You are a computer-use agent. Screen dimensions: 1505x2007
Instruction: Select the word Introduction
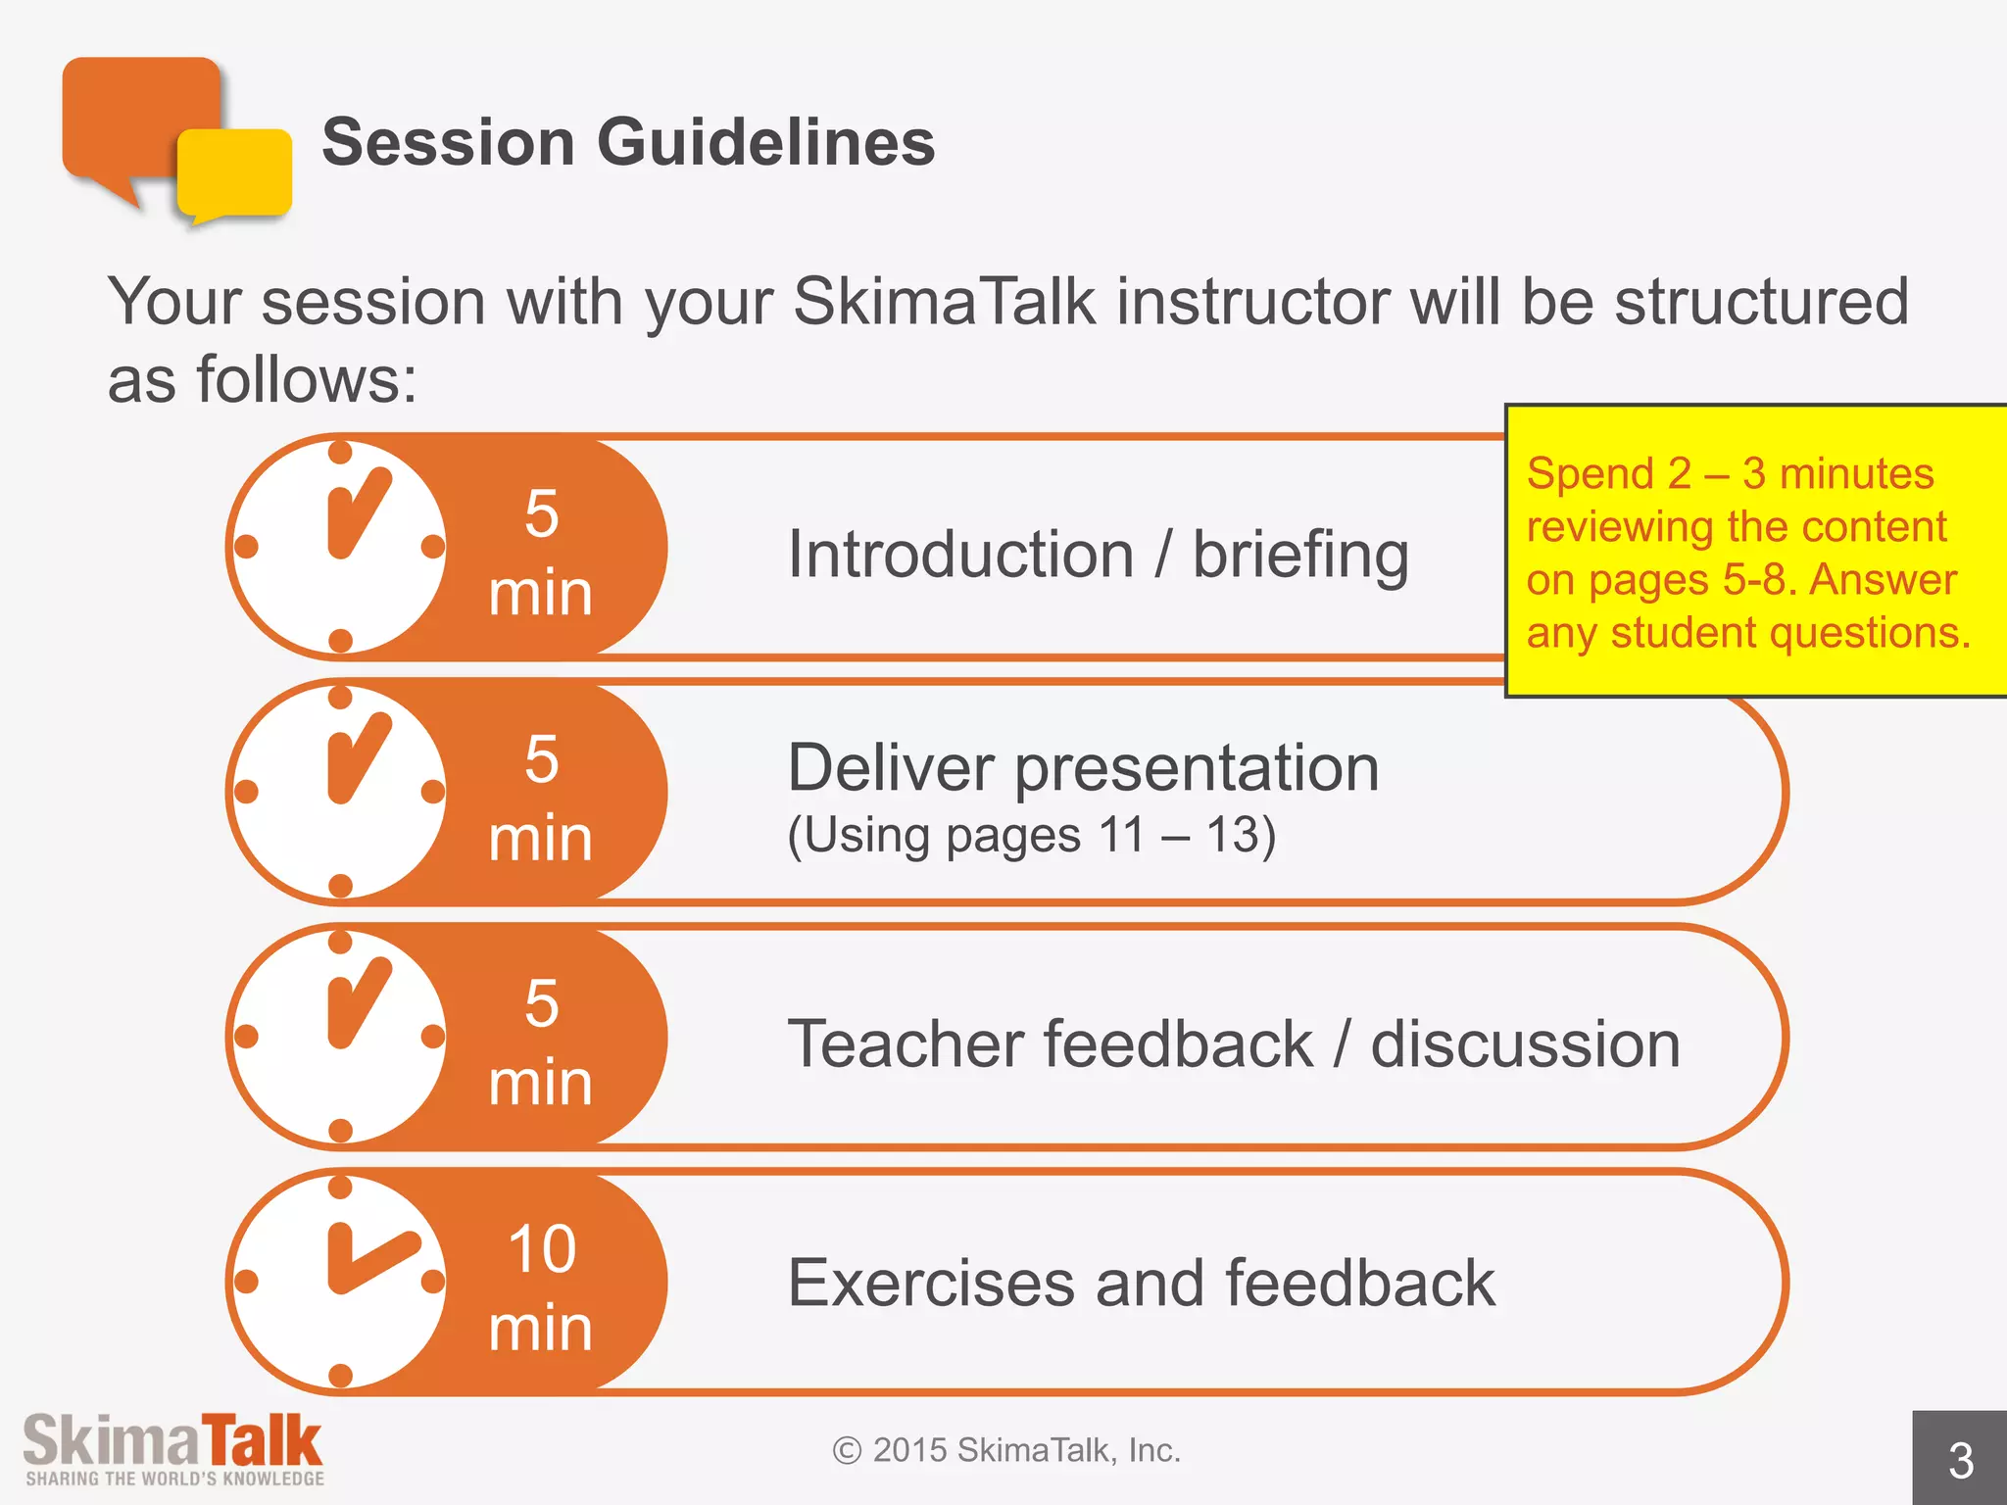click(960, 556)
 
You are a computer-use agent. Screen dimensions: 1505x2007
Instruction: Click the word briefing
click(1300, 556)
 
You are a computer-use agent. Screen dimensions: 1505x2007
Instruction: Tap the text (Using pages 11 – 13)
click(1031, 836)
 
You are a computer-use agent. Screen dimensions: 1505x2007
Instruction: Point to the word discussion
click(1525, 1044)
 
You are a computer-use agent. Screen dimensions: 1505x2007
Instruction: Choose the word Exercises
click(931, 1283)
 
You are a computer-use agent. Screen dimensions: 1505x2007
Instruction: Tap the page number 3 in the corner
click(1960, 1460)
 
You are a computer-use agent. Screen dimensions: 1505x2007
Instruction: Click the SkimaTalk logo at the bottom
click(173, 1448)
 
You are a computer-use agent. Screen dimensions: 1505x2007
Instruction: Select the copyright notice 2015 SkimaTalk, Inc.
click(1007, 1450)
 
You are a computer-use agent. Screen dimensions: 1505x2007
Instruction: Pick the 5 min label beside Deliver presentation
click(541, 798)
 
